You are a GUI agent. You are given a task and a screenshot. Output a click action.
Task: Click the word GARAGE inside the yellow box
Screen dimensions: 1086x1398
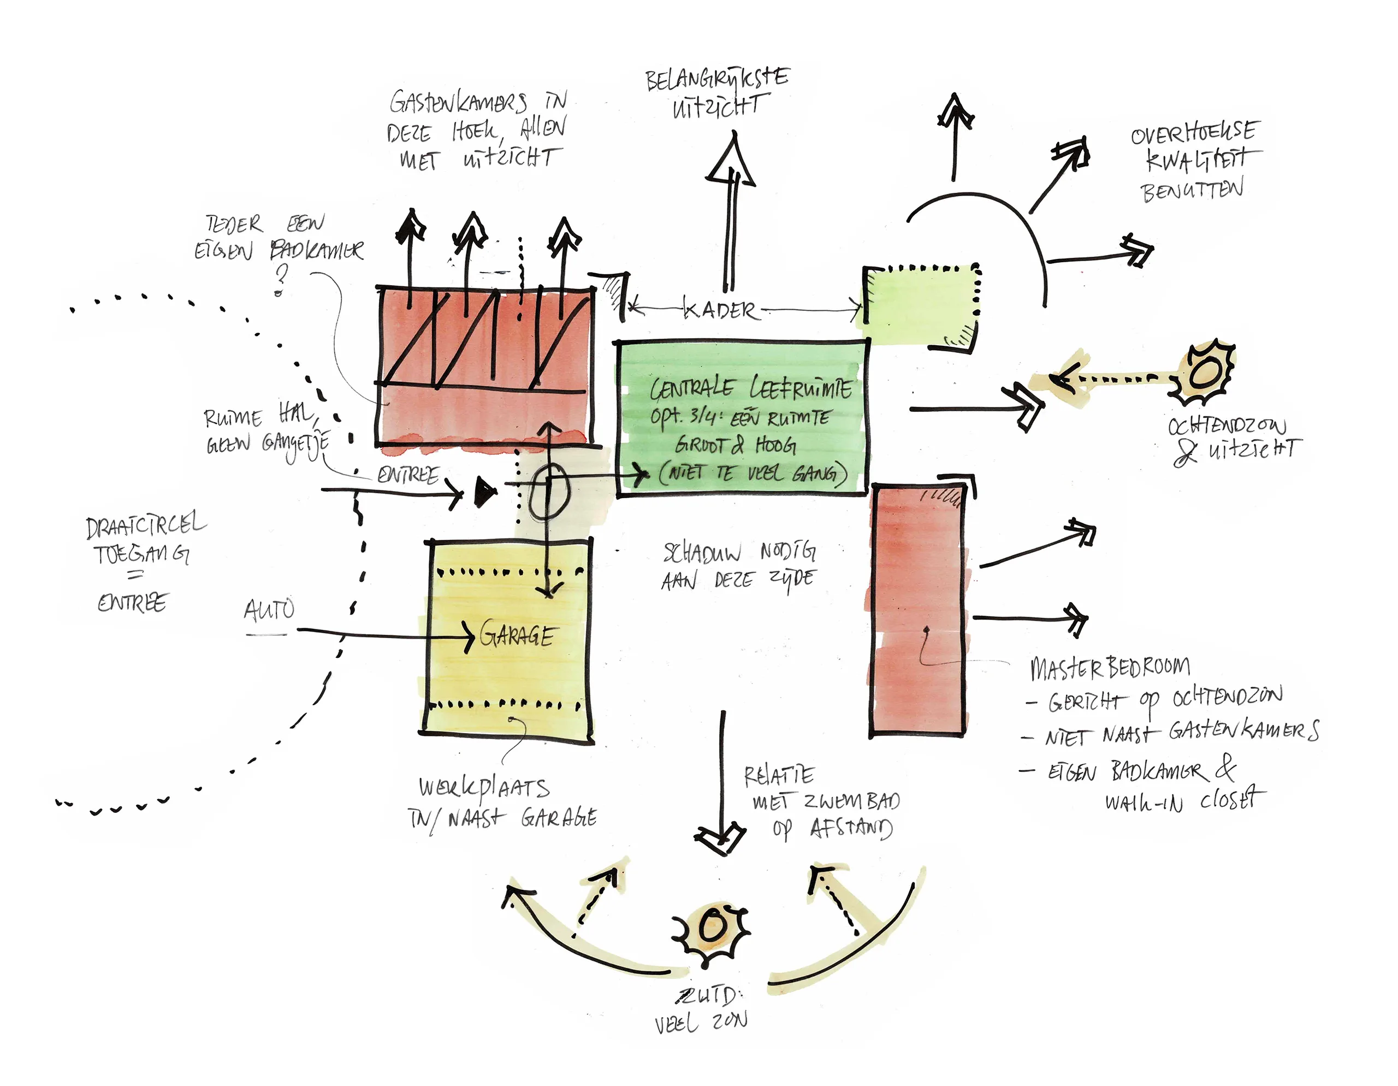tap(517, 635)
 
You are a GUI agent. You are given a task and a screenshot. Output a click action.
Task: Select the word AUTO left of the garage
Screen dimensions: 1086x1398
tap(269, 609)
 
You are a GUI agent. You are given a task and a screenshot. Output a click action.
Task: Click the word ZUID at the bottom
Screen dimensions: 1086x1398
tap(709, 996)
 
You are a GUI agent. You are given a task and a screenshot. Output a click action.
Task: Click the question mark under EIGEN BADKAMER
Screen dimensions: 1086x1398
tap(280, 280)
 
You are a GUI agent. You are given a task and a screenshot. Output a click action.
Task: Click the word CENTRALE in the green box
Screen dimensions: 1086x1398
tap(691, 388)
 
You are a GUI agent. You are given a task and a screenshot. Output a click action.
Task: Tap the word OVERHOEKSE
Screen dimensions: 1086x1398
tap(1194, 133)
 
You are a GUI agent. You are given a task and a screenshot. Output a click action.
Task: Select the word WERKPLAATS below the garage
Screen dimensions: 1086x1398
tap(484, 788)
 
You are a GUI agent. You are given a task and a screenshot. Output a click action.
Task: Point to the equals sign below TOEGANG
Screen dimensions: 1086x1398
tap(135, 576)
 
